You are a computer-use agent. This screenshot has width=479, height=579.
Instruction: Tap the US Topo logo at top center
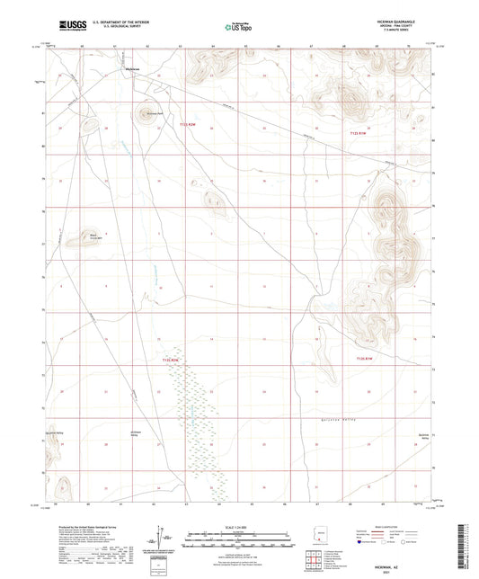click(237, 28)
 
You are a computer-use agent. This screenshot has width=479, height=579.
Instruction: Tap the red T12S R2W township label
click(171, 361)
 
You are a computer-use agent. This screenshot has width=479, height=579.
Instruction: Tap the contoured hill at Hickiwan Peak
click(143, 114)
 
